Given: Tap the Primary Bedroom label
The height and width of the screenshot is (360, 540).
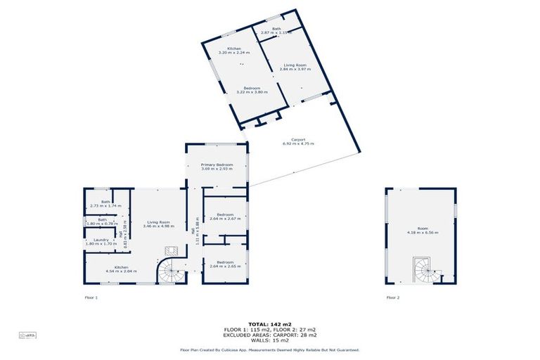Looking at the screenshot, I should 217,167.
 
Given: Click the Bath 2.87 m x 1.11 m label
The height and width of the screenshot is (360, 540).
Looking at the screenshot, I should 276,31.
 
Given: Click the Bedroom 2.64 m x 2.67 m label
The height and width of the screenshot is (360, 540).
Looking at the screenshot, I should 226,217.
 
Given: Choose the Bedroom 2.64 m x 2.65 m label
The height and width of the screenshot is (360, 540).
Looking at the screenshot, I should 226,265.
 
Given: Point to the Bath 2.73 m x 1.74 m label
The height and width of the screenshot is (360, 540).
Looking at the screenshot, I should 105,204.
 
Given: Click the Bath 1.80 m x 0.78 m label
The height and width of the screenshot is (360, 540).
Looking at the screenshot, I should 103,221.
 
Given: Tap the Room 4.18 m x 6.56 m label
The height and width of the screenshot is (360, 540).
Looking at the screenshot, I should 421,231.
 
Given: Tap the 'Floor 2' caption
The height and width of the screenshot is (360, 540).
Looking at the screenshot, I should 393,297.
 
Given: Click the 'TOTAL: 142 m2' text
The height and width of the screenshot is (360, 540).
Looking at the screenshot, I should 270,323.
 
